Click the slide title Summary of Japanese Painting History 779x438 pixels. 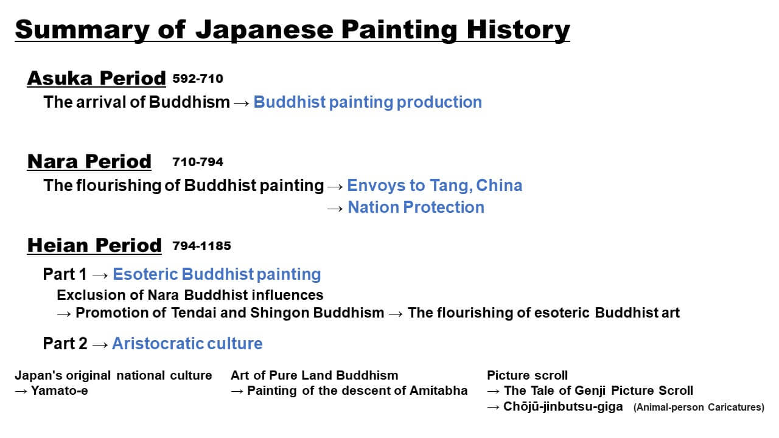tap(292, 29)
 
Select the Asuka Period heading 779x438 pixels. tap(96, 78)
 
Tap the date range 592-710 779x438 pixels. tap(198, 78)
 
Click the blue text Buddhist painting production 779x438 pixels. tap(368, 102)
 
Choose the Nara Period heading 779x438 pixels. tap(89, 161)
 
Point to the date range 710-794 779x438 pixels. tap(198, 162)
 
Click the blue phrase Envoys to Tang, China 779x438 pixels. tap(435, 186)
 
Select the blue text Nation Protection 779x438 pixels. tap(416, 207)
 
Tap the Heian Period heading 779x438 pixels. tap(94, 245)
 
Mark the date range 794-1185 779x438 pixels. tap(201, 246)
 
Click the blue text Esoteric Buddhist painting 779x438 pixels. tap(217, 274)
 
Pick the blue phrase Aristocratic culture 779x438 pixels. tap(187, 344)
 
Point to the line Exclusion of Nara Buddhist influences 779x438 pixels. tap(190, 295)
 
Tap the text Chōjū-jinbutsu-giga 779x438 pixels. tap(563, 406)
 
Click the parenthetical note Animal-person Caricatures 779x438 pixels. tap(699, 408)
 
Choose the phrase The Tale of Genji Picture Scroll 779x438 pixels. tap(598, 391)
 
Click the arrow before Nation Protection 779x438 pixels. tap(335, 208)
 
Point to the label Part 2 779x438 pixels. tap(65, 344)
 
